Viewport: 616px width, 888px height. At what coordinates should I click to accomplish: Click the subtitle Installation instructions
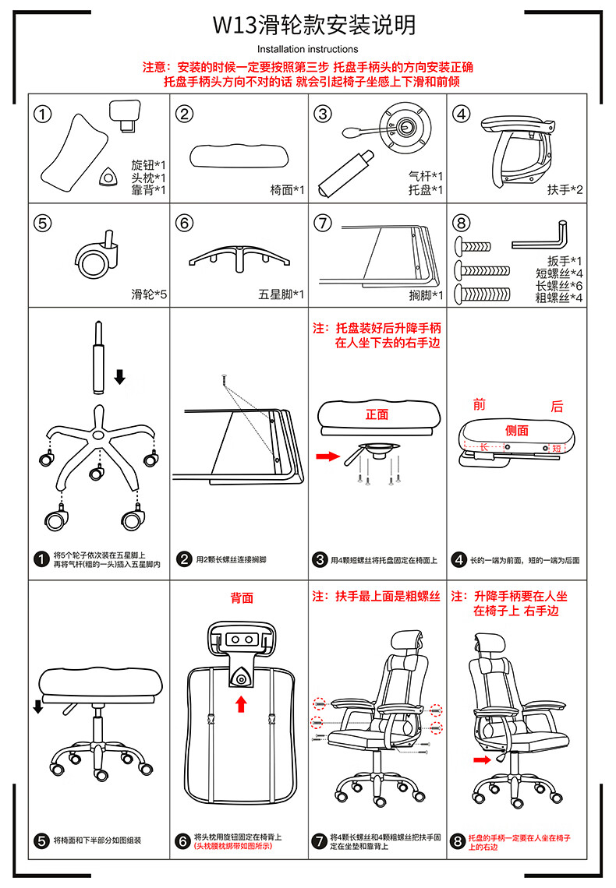click(x=308, y=49)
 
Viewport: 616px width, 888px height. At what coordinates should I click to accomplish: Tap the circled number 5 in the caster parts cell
click(x=43, y=223)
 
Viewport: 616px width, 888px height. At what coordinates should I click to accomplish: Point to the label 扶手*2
click(x=565, y=189)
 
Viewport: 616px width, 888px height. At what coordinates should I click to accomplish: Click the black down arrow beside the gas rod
click(x=119, y=377)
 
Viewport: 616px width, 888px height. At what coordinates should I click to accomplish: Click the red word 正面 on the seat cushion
click(x=377, y=414)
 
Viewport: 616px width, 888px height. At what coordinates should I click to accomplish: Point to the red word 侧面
click(x=516, y=430)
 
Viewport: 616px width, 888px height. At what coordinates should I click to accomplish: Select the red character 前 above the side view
click(x=480, y=405)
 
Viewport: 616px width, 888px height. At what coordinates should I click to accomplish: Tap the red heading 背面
click(x=241, y=597)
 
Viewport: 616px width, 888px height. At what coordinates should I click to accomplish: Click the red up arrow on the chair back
click(x=241, y=704)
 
